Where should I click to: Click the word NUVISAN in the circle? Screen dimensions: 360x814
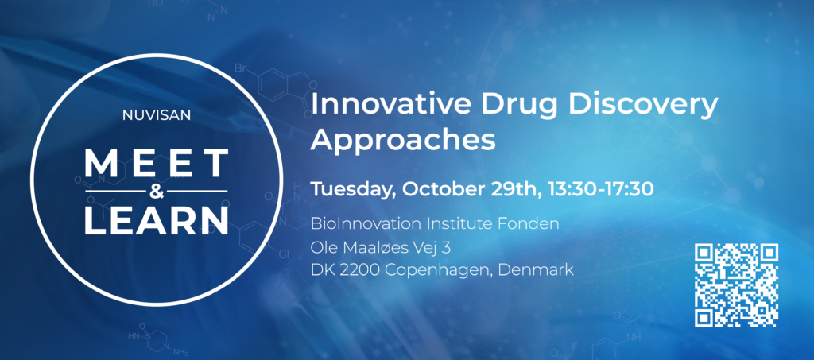157,116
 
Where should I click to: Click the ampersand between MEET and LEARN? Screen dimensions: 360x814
157,191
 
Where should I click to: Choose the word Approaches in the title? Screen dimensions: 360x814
403,140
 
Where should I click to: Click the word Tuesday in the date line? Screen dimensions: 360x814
353,190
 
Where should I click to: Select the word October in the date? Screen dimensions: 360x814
441,190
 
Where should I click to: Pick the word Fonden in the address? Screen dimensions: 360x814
532,224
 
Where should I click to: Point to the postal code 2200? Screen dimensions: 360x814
359,271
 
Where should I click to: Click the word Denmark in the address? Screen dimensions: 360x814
539,271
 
